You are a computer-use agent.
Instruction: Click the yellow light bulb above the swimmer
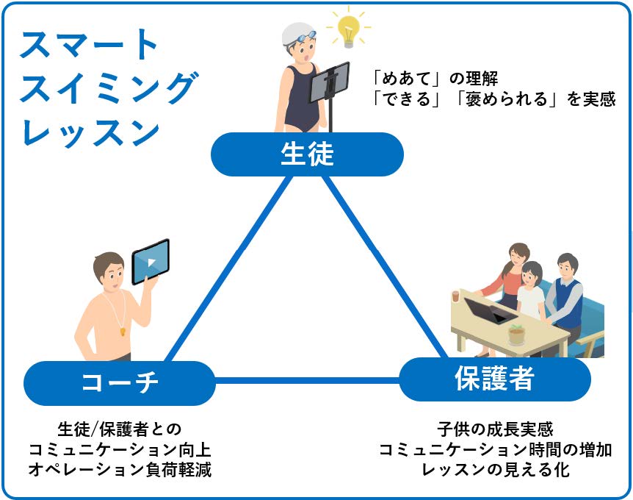347,31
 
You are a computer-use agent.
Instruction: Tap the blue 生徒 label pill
307,154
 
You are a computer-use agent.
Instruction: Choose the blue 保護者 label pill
495,379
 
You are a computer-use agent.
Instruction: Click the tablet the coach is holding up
151,262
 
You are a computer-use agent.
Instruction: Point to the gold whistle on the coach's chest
123,332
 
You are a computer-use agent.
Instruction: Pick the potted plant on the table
516,335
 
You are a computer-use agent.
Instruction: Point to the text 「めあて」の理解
435,79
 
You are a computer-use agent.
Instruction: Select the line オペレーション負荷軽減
120,470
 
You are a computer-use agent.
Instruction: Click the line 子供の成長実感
495,429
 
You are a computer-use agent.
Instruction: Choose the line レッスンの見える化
496,470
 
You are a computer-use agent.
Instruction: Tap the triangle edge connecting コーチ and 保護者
307,380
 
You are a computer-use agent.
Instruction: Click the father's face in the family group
567,268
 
